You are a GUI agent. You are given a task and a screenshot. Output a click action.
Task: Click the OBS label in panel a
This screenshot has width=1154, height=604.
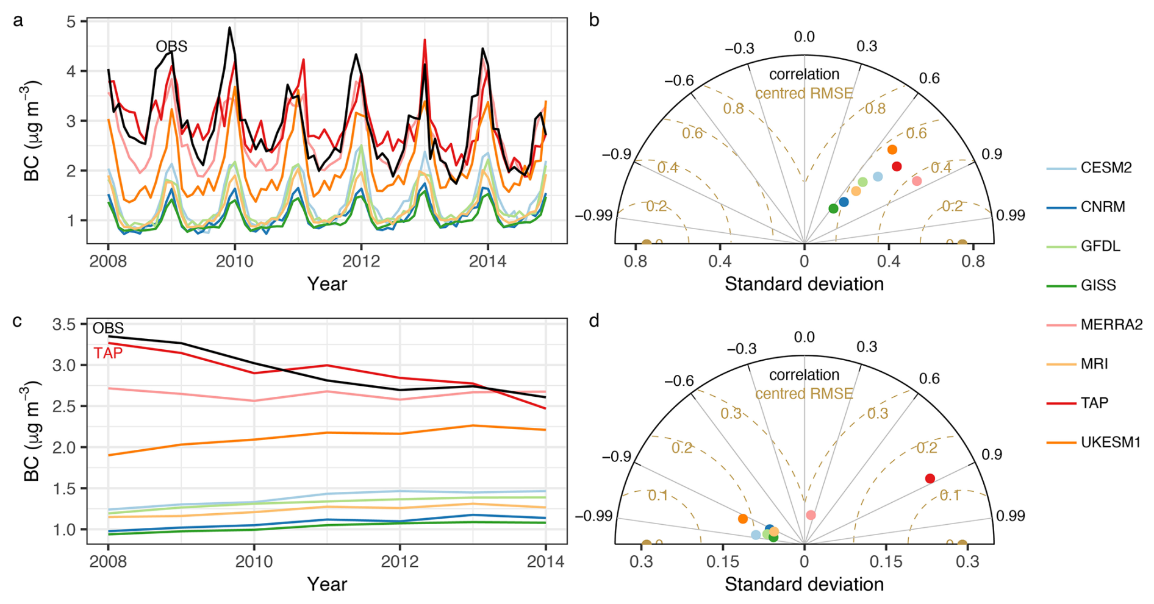coord(171,46)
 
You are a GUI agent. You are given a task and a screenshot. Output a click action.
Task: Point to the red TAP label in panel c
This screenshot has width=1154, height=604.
coord(108,354)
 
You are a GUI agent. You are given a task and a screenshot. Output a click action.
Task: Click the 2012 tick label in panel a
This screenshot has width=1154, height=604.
coord(361,261)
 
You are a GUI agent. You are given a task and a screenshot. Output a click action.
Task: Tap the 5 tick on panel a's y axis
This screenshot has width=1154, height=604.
coord(71,22)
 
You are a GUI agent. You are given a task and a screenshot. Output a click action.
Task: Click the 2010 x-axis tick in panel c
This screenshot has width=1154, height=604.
coord(254,561)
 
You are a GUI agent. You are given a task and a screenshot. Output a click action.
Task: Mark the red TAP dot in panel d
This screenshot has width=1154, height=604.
coord(930,478)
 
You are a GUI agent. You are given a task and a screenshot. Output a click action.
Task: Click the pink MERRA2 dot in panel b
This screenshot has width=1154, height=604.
coord(916,181)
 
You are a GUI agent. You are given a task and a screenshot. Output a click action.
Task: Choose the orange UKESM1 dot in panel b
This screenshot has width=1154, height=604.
coord(892,150)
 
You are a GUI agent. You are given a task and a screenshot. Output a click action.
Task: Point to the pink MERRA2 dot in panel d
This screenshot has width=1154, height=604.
coord(811,515)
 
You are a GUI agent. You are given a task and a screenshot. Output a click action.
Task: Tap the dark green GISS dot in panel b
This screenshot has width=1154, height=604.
coord(833,209)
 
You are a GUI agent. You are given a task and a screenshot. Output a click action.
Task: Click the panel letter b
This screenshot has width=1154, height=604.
coord(594,21)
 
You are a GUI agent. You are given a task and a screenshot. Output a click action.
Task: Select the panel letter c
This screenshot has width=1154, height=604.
coord(17,321)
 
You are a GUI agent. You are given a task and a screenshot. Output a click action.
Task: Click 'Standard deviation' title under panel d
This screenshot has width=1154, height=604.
coord(804,584)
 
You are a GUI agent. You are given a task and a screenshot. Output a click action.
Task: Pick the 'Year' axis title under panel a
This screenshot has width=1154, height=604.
coord(327,284)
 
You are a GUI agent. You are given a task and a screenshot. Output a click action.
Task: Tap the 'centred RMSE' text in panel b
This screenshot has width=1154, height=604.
coord(804,93)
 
